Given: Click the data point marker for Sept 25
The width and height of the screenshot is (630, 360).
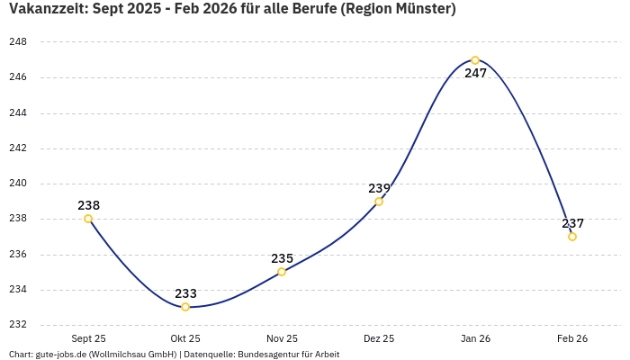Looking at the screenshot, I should click(x=88, y=219).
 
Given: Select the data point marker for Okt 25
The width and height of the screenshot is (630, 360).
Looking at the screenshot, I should click(x=185, y=307).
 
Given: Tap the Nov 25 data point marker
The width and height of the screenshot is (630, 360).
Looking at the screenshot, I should click(x=282, y=272).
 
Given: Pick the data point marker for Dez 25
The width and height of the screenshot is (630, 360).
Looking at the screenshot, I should click(x=379, y=202).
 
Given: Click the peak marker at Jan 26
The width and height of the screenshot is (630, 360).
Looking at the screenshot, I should click(x=475, y=60).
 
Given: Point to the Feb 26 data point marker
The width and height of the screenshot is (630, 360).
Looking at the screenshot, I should click(x=572, y=237).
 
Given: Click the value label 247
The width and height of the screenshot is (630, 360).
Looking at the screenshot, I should click(x=475, y=74).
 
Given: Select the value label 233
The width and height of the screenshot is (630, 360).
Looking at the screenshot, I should click(x=185, y=293).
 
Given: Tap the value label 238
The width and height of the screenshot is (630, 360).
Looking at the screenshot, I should click(x=88, y=205).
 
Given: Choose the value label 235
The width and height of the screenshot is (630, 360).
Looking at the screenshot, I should click(x=282, y=258).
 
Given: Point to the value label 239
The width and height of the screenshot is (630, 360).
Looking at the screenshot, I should click(x=379, y=188).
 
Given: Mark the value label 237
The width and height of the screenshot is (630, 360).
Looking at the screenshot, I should click(x=572, y=223).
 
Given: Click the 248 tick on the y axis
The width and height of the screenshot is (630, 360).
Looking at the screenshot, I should click(x=18, y=42).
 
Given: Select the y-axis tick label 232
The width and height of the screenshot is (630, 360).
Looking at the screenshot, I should click(x=18, y=325).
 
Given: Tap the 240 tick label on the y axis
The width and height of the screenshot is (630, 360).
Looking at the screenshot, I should click(x=18, y=184).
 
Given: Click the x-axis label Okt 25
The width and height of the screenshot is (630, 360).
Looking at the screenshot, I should click(x=185, y=339).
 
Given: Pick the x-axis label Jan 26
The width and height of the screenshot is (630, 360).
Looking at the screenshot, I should click(x=475, y=339).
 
